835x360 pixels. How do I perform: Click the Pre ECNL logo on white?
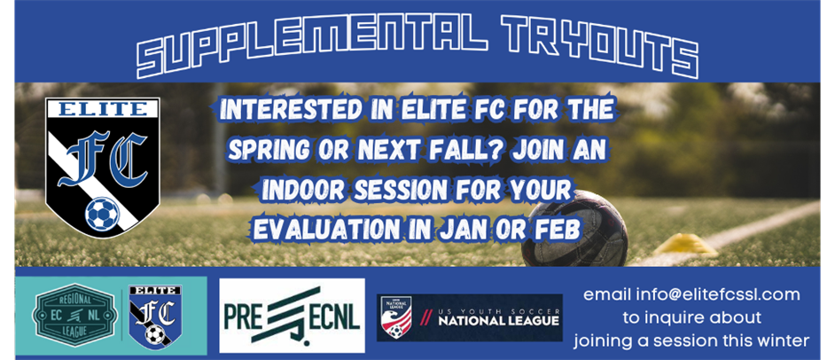click(291, 316)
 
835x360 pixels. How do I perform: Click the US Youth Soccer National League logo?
click(469, 317)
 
